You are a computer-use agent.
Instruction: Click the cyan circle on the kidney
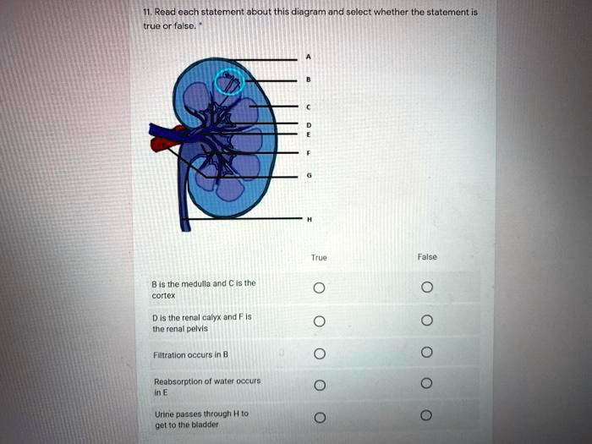pos(229,83)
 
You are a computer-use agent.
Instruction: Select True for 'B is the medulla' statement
pos(318,288)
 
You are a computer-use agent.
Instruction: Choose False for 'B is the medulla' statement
pos(427,288)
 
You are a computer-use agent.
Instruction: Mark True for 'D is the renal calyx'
pos(318,321)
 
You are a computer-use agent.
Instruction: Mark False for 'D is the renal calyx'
pos(427,321)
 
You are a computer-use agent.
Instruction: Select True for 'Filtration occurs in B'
pos(318,353)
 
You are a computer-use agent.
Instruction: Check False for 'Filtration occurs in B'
pos(427,353)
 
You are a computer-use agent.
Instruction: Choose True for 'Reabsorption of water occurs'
pos(318,386)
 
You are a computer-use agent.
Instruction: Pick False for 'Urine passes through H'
pos(427,417)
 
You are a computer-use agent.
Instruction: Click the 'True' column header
pos(319,257)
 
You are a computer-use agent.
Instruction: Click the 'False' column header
pos(427,256)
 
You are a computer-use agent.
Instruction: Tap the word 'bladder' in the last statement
pos(206,425)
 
